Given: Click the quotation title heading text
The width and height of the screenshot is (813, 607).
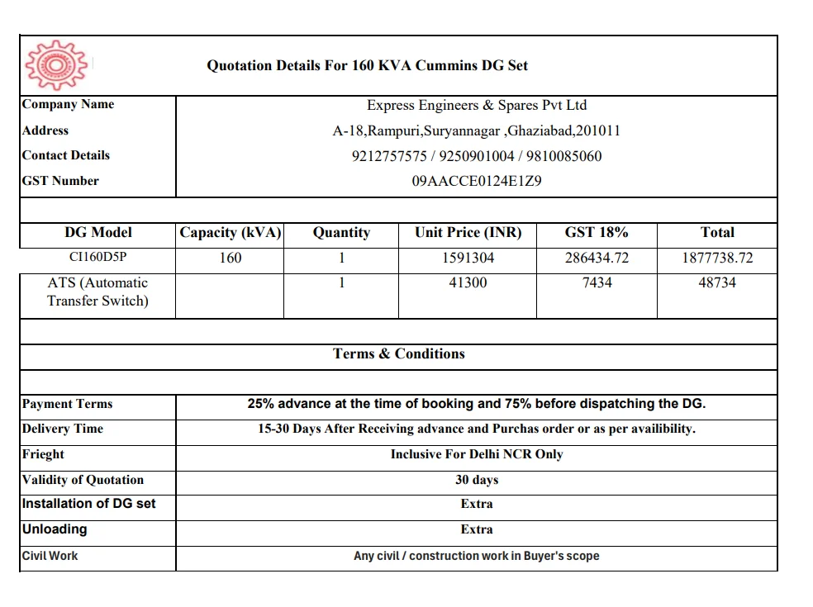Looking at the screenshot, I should click(367, 66).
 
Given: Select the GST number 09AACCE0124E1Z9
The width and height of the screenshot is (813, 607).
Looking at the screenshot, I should click(477, 181).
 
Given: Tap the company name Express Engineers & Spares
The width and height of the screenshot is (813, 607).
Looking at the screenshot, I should click(477, 106).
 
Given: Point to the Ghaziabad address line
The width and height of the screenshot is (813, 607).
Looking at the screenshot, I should click(477, 130).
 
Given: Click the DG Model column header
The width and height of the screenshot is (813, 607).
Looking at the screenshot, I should click(98, 233).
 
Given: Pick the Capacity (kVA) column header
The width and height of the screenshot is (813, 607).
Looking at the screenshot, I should click(231, 233).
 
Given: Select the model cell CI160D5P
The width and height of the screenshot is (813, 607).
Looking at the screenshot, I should click(98, 258).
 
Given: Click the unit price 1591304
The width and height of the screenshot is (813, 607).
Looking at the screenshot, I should click(468, 258).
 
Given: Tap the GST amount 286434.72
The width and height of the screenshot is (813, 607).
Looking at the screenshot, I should click(597, 258).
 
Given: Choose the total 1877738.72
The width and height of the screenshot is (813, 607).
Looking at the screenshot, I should click(717, 258).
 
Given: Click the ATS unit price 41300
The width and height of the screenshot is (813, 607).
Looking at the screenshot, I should click(468, 282).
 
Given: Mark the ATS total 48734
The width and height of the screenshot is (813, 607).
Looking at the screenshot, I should click(717, 282).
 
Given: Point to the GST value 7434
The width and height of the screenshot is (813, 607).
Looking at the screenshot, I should click(597, 282).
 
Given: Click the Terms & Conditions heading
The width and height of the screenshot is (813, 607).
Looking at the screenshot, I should click(399, 354).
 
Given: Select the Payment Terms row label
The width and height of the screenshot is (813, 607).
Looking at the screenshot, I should click(68, 404).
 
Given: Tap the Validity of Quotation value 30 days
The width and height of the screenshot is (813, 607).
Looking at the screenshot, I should click(477, 480).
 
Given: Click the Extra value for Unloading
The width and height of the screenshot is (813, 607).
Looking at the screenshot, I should click(477, 529).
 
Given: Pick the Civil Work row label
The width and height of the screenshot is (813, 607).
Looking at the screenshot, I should click(50, 556).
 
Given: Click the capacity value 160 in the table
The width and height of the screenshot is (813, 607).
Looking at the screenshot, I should click(231, 258).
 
